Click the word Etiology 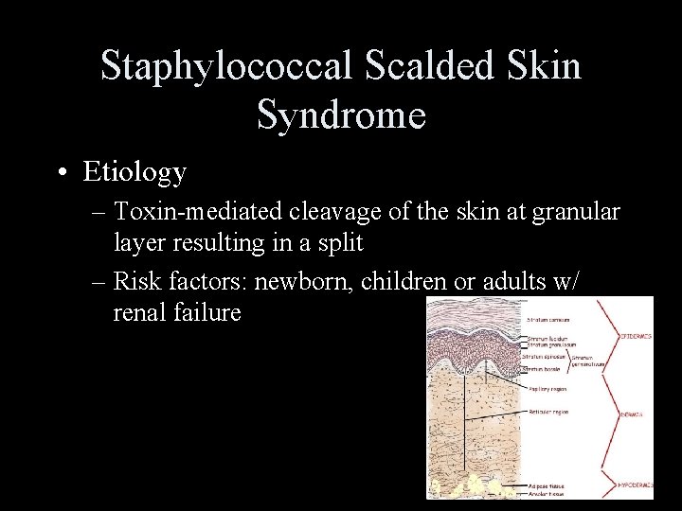pos(135,172)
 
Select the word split pos(337,243)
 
